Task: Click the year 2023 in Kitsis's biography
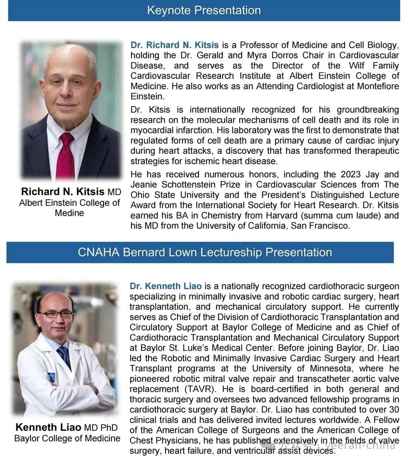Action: [351, 174]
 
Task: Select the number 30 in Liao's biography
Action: [394, 410]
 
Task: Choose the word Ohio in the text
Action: [141, 195]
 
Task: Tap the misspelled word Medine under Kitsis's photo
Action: [70, 213]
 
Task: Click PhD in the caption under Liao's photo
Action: [109, 428]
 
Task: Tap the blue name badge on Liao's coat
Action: [51, 376]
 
